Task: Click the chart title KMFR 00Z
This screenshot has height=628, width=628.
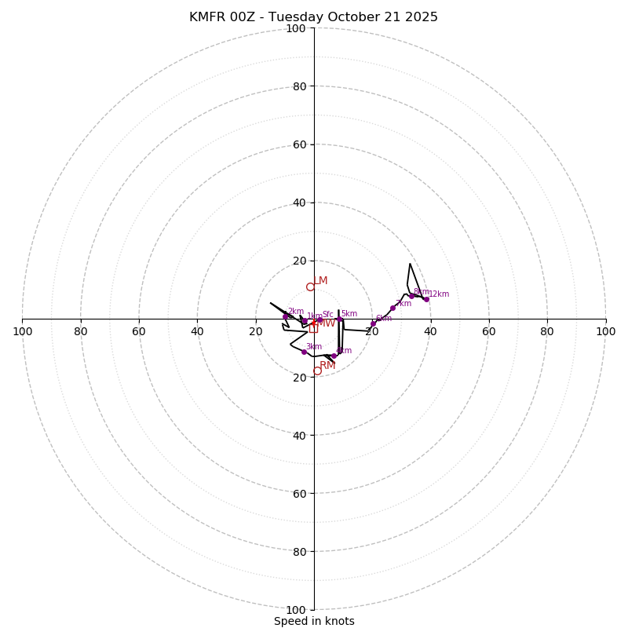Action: pos(313,17)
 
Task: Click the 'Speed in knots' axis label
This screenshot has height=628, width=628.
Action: pos(314,621)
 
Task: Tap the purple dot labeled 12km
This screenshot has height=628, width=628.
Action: pos(426,299)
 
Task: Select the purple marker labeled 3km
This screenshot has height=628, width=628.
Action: pos(304,352)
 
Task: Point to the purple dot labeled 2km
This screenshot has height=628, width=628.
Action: pos(286,316)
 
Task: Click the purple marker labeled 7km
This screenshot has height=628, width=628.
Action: pos(392,308)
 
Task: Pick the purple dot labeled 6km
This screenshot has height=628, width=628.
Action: pos(373,323)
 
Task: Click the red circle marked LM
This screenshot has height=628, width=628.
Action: pos(310,287)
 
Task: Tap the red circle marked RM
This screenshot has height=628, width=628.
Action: pos(317,371)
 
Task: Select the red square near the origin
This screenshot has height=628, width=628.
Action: pos(313,329)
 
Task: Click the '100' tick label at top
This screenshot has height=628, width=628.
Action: pos(296,28)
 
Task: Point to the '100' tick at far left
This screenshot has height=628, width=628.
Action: pos(23,331)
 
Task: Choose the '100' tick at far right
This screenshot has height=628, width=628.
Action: pos(605,331)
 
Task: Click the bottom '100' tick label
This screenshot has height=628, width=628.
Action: pos(296,610)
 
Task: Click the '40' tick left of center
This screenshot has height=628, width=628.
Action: pos(198,331)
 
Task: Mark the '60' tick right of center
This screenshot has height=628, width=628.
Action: pos(489,331)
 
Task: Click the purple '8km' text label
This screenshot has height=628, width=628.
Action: pos(421,292)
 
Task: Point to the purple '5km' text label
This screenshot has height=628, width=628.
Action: pos(349,314)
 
